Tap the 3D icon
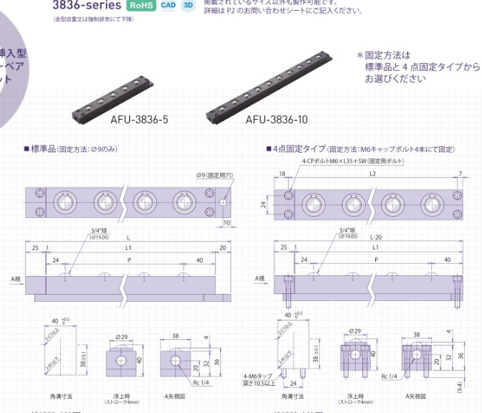[189, 5]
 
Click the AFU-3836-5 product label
[139, 120]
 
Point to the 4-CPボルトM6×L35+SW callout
[352, 161]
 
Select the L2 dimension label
[372, 174]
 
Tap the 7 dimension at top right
[459, 174]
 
